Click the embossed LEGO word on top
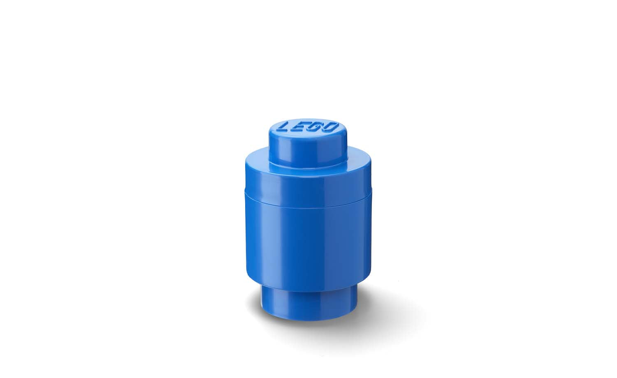(x=308, y=127)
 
